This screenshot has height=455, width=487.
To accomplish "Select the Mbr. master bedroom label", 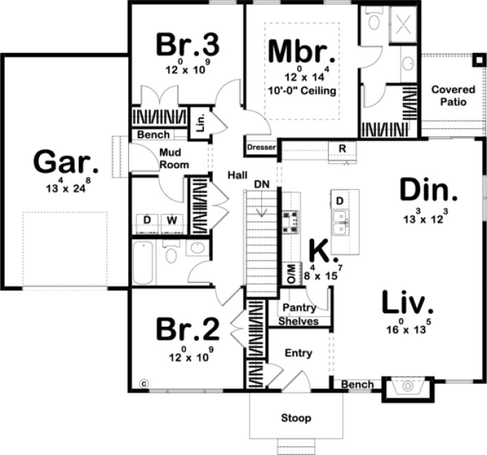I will (x=302, y=51).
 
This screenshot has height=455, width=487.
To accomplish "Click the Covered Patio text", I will (x=449, y=95).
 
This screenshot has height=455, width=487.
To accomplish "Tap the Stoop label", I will (x=296, y=417).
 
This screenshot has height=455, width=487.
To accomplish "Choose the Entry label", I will (x=298, y=353).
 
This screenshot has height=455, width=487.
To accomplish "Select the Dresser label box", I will (x=261, y=147).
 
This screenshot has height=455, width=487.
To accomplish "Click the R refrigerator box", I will (x=341, y=148).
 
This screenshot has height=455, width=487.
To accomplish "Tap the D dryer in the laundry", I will (x=147, y=220).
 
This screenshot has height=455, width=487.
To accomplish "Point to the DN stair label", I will (x=261, y=184).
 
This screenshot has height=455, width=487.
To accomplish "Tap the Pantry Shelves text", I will (x=299, y=315).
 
